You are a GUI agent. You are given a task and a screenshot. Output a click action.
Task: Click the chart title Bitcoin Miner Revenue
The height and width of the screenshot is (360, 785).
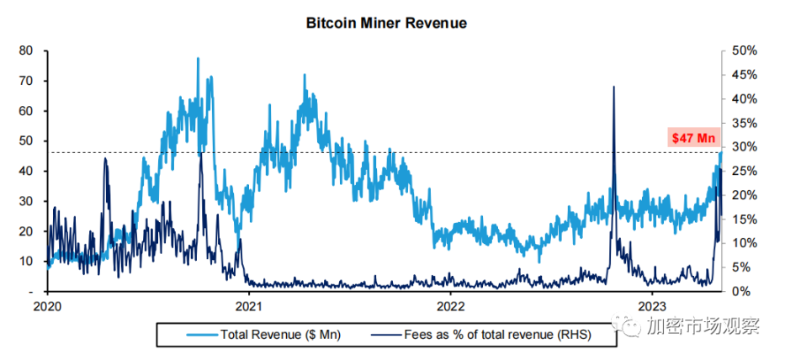(385, 24)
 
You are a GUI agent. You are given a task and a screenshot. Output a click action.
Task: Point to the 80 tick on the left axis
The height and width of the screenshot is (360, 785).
(26, 50)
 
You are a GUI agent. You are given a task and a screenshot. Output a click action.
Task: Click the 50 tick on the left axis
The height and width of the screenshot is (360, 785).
(26, 140)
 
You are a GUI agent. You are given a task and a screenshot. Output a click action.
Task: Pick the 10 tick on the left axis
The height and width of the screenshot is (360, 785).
(26, 261)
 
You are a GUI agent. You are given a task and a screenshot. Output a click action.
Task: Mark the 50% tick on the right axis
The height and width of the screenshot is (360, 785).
(745, 50)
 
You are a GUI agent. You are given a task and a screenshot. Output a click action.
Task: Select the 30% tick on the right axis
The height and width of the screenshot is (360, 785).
(745, 146)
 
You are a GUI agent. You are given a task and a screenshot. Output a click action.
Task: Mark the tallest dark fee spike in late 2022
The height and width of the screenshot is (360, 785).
(613, 87)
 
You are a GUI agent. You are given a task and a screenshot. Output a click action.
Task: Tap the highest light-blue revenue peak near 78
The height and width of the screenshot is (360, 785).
(198, 59)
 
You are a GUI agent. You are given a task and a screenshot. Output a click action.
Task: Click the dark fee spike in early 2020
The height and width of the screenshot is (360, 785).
(105, 159)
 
